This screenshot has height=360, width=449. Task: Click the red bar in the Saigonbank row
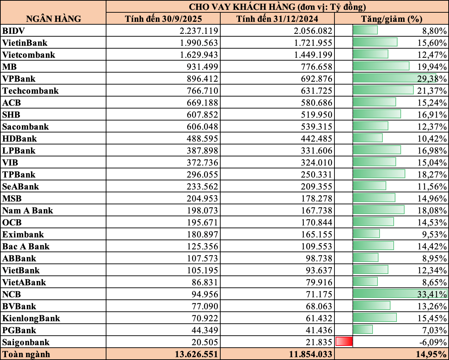coord(344,341)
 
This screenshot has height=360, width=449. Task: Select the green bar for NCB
coord(400,294)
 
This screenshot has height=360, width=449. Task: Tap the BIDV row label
coord(13,31)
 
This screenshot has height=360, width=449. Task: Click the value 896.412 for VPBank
coord(202,79)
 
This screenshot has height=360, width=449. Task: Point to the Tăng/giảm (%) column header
coord(391,19)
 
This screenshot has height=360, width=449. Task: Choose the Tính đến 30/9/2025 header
coord(163,19)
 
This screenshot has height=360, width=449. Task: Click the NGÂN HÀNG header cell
coord(53,19)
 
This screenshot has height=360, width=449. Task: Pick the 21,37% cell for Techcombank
coord(432,91)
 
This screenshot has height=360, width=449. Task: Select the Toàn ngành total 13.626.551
coord(196,354)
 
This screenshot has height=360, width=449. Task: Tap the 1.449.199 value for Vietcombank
coord(313,55)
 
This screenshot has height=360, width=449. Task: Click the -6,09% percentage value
coord(433,342)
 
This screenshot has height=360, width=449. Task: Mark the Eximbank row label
coord(23,234)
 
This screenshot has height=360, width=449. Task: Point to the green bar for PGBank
coord(363,330)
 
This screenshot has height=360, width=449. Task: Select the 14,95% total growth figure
coord(432,354)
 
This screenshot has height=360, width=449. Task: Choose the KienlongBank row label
coord(31,318)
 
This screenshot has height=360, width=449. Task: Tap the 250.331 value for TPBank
coord(316,174)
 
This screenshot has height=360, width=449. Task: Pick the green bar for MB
coord(381,66)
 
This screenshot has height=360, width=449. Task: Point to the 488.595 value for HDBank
coord(202,138)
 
